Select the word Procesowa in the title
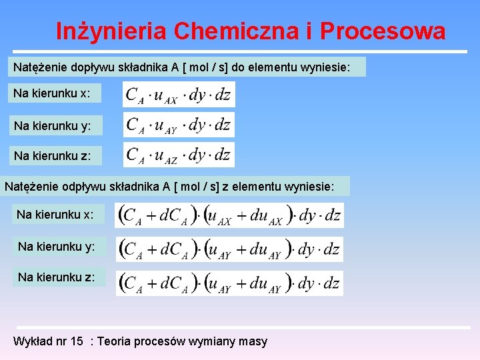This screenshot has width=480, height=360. point(383,31)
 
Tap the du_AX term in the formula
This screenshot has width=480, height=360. point(265,216)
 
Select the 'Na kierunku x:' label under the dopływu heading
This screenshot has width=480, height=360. point(52,93)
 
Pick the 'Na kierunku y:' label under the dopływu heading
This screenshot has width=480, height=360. point(52,125)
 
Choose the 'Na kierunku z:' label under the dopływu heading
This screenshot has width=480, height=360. point(52,156)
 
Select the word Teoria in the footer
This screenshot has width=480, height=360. point(115,341)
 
